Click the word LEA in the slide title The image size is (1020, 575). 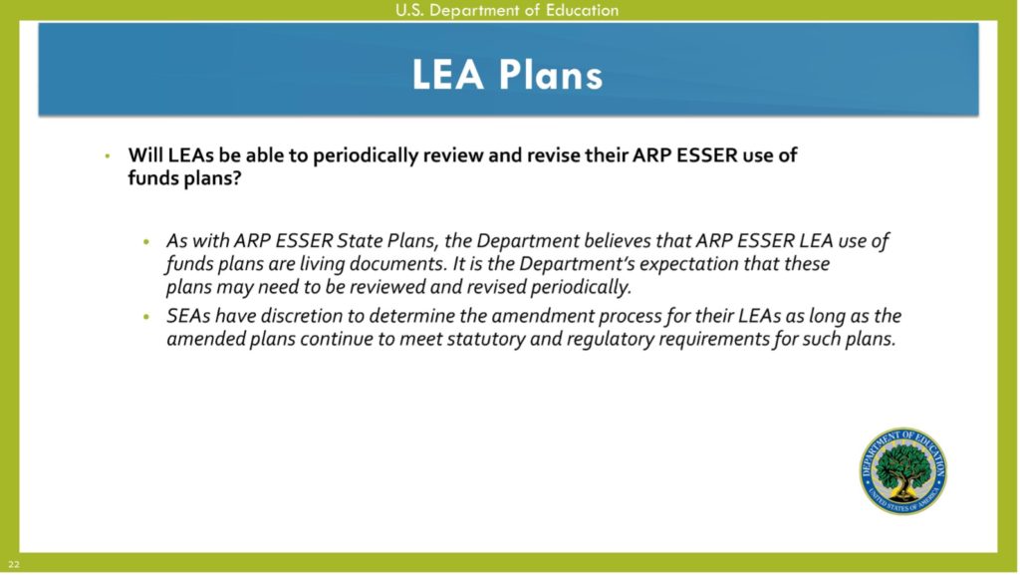(448, 75)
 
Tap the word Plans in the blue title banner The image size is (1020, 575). (551, 75)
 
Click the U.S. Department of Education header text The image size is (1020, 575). (507, 10)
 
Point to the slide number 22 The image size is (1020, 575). (14, 565)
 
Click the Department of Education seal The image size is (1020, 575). (902, 471)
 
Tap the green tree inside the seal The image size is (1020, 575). (902, 467)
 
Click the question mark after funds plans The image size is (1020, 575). (236, 177)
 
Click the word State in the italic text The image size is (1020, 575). (359, 241)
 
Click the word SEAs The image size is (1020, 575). (187, 316)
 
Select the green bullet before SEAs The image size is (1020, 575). (147, 317)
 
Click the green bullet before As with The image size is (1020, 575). (147, 242)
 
